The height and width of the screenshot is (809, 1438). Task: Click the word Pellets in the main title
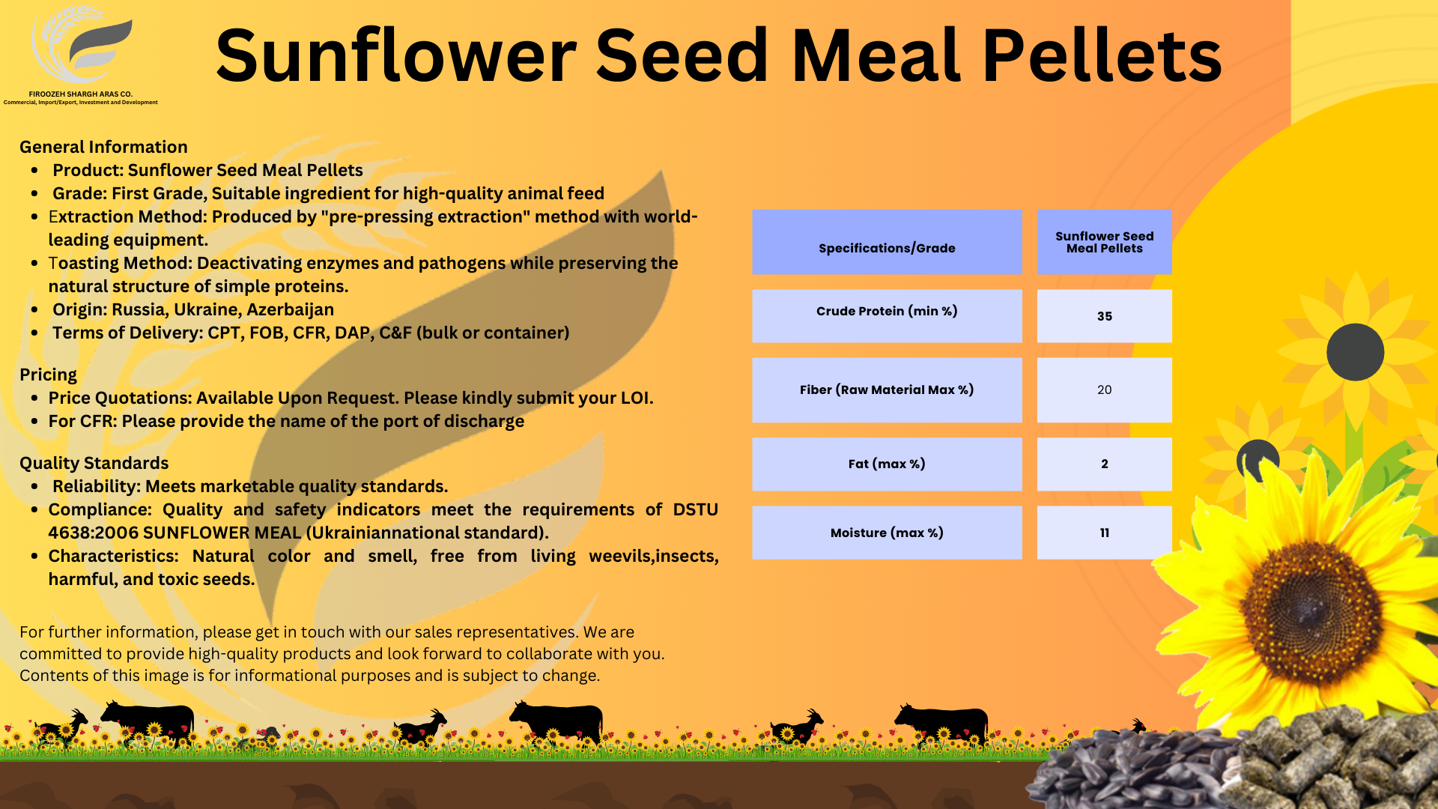(1102, 55)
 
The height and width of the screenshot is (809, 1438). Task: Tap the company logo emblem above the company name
(82, 45)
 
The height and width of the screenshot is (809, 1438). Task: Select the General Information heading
(103, 147)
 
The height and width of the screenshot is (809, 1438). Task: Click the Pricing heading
(48, 375)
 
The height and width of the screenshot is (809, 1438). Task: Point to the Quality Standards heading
(94, 463)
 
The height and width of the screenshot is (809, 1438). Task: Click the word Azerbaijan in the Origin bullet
(290, 309)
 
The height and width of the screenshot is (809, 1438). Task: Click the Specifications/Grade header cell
(887, 242)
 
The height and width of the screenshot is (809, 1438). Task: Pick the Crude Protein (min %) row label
(887, 311)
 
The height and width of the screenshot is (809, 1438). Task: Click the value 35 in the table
(1105, 316)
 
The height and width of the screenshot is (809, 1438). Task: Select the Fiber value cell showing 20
(1105, 390)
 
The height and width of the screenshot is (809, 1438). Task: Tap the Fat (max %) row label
(887, 464)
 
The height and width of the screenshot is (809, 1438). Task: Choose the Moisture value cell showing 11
(1105, 533)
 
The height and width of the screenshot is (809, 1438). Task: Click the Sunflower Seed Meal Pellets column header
(1105, 242)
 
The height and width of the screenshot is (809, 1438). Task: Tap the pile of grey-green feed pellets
(1341, 757)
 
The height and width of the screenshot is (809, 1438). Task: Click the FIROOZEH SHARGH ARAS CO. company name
(81, 94)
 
